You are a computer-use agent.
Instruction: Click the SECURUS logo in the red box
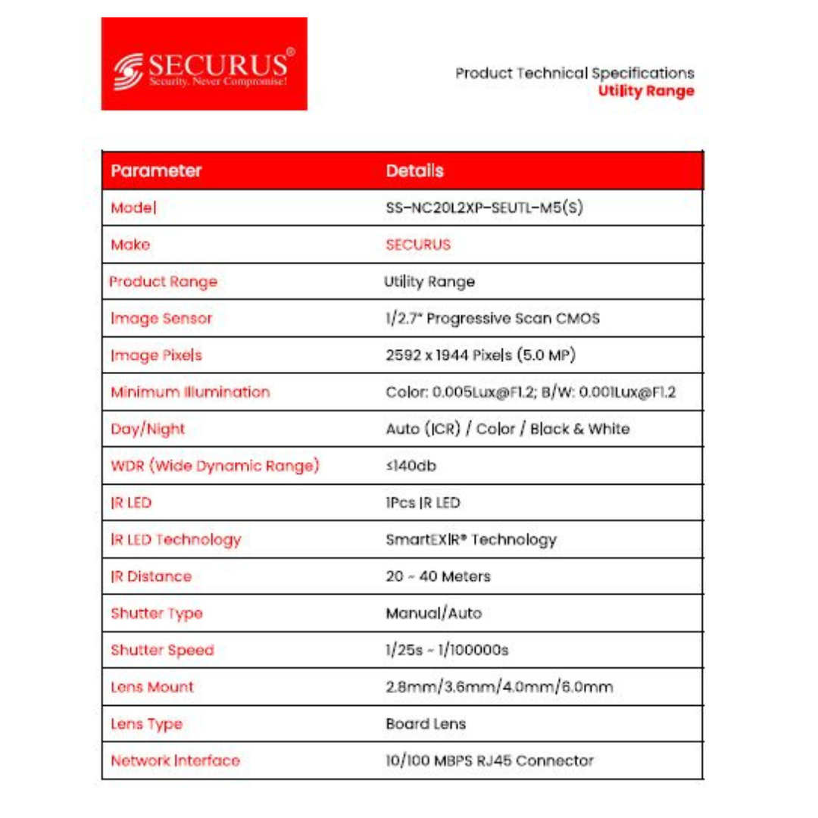[x=204, y=64]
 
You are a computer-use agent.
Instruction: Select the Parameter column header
[x=156, y=170]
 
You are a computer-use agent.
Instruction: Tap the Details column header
[x=414, y=170]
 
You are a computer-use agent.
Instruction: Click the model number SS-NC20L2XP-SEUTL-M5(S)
[x=484, y=208]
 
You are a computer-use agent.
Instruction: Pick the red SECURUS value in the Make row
[x=418, y=245]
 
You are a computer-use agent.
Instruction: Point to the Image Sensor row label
[x=161, y=318]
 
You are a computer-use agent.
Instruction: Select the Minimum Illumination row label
[x=190, y=392]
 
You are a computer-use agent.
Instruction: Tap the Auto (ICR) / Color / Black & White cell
[x=507, y=429]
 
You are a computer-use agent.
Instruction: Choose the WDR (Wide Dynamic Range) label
[x=214, y=466]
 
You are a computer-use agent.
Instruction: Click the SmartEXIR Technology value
[x=471, y=540]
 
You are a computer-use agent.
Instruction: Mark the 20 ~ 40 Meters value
[x=438, y=576]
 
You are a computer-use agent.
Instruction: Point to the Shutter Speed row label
[x=162, y=650]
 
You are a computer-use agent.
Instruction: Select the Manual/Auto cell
[x=433, y=613]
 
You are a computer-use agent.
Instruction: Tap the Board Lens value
[x=426, y=723]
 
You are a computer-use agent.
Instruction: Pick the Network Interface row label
[x=175, y=760]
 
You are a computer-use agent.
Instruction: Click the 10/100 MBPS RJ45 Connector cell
[x=489, y=760]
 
